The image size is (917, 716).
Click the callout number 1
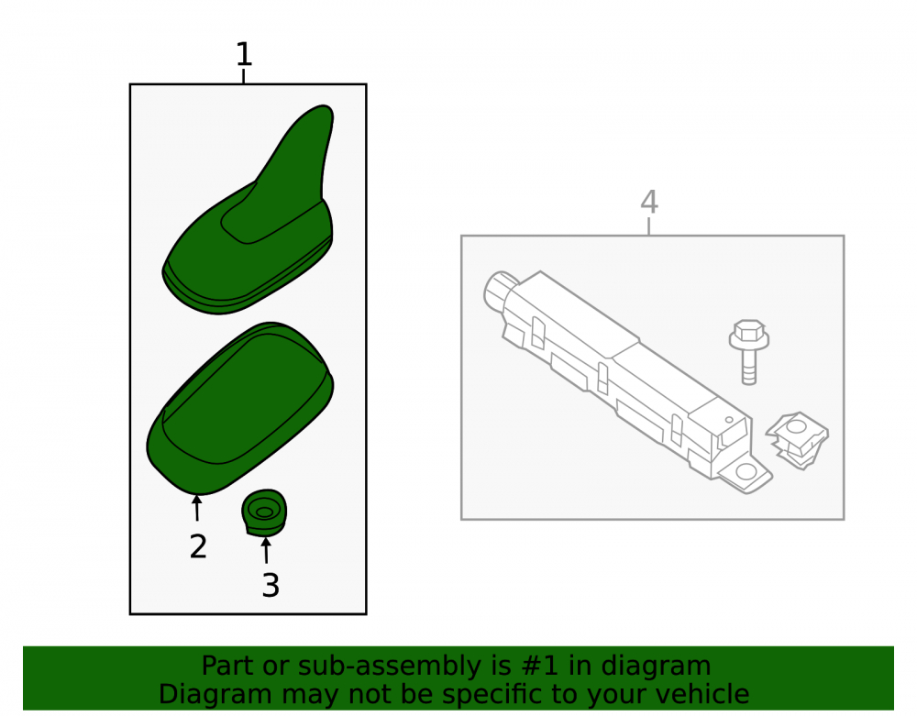point(244,54)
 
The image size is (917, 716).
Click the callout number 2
point(198,546)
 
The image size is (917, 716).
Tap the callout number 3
point(271,585)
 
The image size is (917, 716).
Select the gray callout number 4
point(649,202)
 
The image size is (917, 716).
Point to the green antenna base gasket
point(238,408)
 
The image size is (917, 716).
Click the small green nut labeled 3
point(264,512)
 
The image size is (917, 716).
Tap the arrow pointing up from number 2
point(197,507)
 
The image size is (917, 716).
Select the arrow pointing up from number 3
point(266,551)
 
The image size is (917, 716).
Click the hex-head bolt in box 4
point(749,352)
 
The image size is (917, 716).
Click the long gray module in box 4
point(625,380)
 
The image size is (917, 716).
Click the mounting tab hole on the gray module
point(746,471)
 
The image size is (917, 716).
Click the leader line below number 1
point(243,76)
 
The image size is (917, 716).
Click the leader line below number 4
point(649,226)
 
